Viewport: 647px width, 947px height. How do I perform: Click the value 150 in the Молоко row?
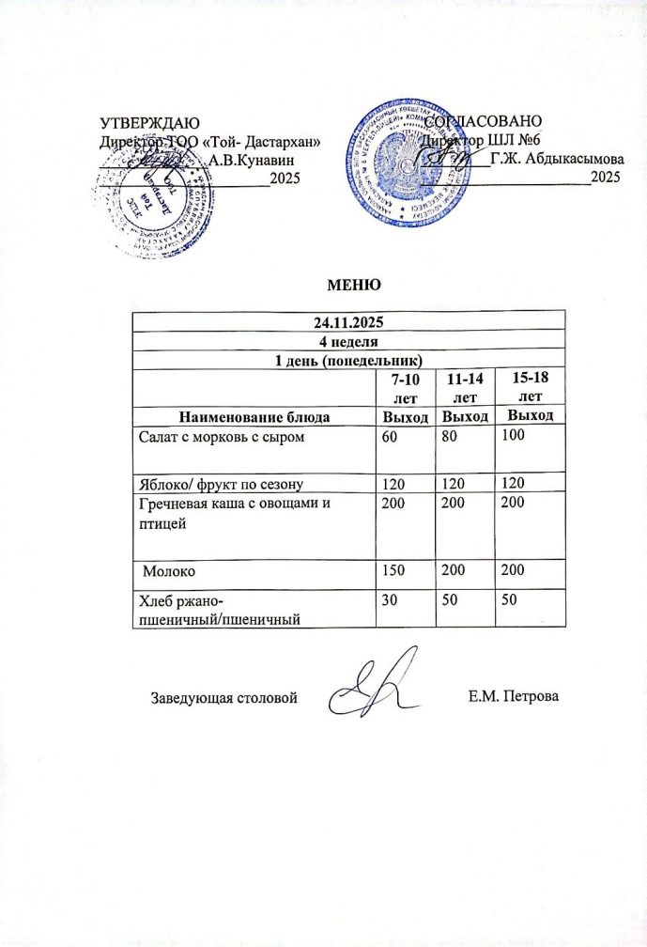tap(387, 570)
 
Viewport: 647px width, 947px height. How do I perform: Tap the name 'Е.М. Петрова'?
tap(512, 698)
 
